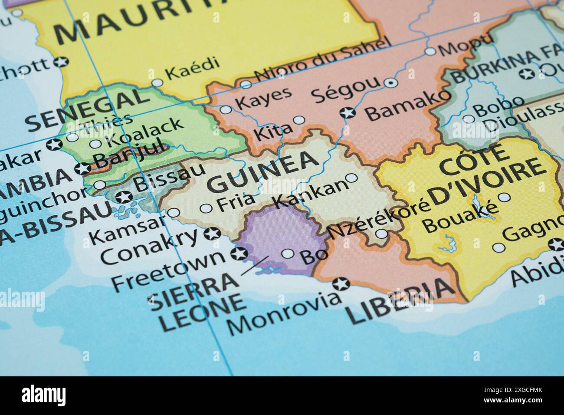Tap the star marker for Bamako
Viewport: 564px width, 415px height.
347,113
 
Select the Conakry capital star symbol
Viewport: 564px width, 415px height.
212,234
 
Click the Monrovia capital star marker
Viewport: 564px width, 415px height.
341,284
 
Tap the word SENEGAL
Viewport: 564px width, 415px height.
87,109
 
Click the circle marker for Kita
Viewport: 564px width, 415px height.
299,120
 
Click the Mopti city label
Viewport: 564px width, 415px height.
466,45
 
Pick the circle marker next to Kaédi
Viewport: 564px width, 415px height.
157,82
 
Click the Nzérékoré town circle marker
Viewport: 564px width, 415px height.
382,234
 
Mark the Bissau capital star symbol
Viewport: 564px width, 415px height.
125,197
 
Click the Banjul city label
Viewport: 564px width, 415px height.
130,154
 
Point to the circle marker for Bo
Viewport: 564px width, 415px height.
288,254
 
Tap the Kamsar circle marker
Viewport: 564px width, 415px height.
174,213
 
